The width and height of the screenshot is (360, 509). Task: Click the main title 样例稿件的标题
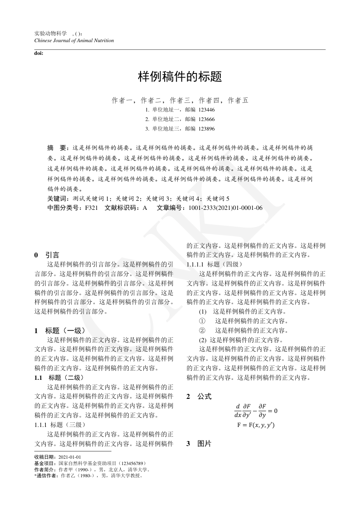tap(180, 77)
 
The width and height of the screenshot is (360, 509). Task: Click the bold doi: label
tap(39, 53)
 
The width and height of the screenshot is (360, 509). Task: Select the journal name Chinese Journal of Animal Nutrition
tap(74, 40)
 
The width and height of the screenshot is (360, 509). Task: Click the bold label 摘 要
tap(57, 148)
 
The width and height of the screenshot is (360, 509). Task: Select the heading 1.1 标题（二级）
tap(59, 378)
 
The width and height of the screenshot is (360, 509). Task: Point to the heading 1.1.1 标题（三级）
tap(60, 425)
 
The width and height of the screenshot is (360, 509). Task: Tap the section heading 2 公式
tap(199, 397)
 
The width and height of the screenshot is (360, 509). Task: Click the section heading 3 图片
tap(199, 444)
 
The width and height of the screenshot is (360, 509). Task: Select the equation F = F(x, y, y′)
tap(256, 425)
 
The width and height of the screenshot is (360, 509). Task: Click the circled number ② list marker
tap(202, 330)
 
